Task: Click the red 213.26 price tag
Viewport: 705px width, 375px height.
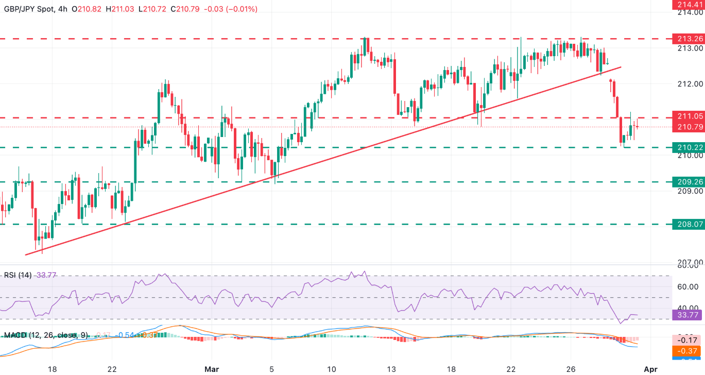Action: pyautogui.click(x=688, y=39)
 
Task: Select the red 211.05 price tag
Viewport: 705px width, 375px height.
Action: pyautogui.click(x=688, y=116)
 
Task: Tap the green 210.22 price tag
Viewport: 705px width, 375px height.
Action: pyautogui.click(x=688, y=148)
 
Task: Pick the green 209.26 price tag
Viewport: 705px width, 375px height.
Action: pyautogui.click(x=688, y=181)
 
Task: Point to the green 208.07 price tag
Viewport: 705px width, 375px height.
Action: pyautogui.click(x=688, y=224)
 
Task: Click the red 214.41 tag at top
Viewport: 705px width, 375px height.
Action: pyautogui.click(x=688, y=4)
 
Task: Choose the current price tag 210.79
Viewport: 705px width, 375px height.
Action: pyautogui.click(x=688, y=126)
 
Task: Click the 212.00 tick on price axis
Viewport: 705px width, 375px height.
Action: pyautogui.click(x=691, y=84)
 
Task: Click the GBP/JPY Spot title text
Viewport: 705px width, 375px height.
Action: pyautogui.click(x=31, y=9)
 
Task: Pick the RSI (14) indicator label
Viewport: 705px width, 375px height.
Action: pyautogui.click(x=17, y=276)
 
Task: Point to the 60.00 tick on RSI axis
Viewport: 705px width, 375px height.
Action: pyautogui.click(x=691, y=287)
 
